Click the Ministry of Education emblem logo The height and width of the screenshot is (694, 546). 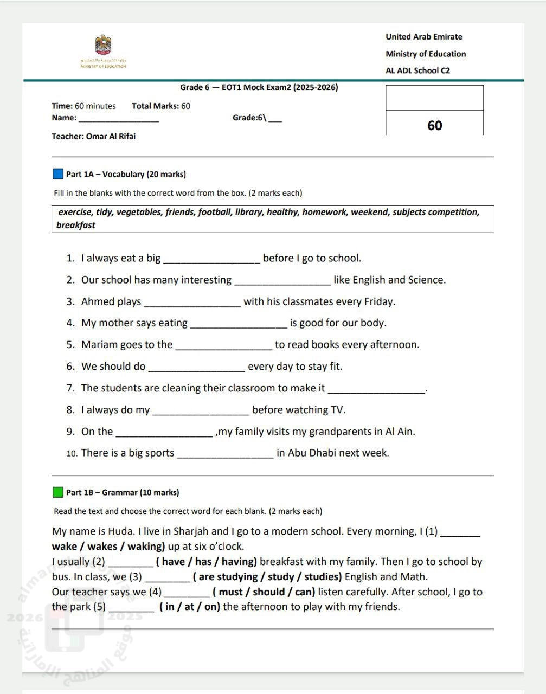coord(103,47)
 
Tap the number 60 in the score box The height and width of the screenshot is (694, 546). coord(435,125)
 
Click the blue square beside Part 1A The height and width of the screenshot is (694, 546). coord(58,174)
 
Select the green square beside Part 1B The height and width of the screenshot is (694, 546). coord(58,492)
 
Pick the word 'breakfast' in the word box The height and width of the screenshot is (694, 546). coord(76,225)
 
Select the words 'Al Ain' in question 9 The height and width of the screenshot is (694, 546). coord(400,432)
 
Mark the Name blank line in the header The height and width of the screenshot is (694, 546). coord(119,119)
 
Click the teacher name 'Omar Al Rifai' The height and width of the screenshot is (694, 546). coord(111,136)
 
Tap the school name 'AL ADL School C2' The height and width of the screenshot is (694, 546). coord(417,70)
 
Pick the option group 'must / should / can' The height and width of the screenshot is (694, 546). coord(264,592)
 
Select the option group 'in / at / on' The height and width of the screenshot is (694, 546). coord(190,607)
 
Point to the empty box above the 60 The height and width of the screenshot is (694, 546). coord(434,98)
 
